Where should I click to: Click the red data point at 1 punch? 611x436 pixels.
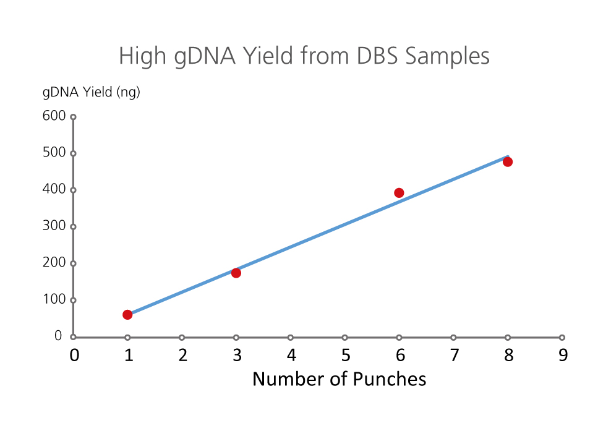pos(127,315)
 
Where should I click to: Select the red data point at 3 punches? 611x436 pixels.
pos(236,273)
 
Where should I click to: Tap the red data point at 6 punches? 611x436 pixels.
pos(399,193)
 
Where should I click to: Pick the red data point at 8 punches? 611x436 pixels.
pos(507,161)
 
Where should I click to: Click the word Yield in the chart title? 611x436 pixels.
pos(268,56)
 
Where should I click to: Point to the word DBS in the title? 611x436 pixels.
pos(377,56)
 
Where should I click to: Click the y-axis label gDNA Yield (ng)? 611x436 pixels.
pos(91,92)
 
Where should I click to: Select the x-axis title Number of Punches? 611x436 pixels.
pos(340,378)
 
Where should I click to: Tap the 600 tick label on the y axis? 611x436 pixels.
pos(54,116)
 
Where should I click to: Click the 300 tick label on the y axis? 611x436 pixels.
pos(54,226)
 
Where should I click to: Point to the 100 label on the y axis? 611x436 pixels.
pos(54,299)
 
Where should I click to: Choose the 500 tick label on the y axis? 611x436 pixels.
pos(54,152)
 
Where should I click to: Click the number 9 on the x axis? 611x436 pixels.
pos(563,355)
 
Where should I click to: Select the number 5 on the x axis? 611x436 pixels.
pos(346,355)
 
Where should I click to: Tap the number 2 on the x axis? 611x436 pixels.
pos(182,355)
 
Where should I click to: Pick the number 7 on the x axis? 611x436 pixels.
pos(454,355)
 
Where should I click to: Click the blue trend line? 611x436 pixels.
pos(318,236)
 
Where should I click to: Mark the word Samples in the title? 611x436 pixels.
pos(447,56)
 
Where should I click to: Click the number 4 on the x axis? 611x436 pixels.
pos(291,355)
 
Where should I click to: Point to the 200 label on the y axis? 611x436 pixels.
pos(54,262)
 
